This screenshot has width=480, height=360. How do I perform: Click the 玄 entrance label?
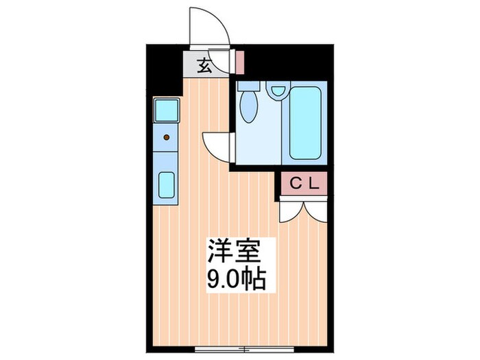(204, 67)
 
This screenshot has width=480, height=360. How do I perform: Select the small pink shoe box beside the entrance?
(239, 62)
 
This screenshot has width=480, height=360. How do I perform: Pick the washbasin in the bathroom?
(278, 90)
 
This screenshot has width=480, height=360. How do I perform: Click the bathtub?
(306, 122)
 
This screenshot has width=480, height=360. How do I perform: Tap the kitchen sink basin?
(167, 184)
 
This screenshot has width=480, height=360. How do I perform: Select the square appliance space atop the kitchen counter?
(167, 110)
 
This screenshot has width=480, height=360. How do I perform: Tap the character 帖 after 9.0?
(254, 280)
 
